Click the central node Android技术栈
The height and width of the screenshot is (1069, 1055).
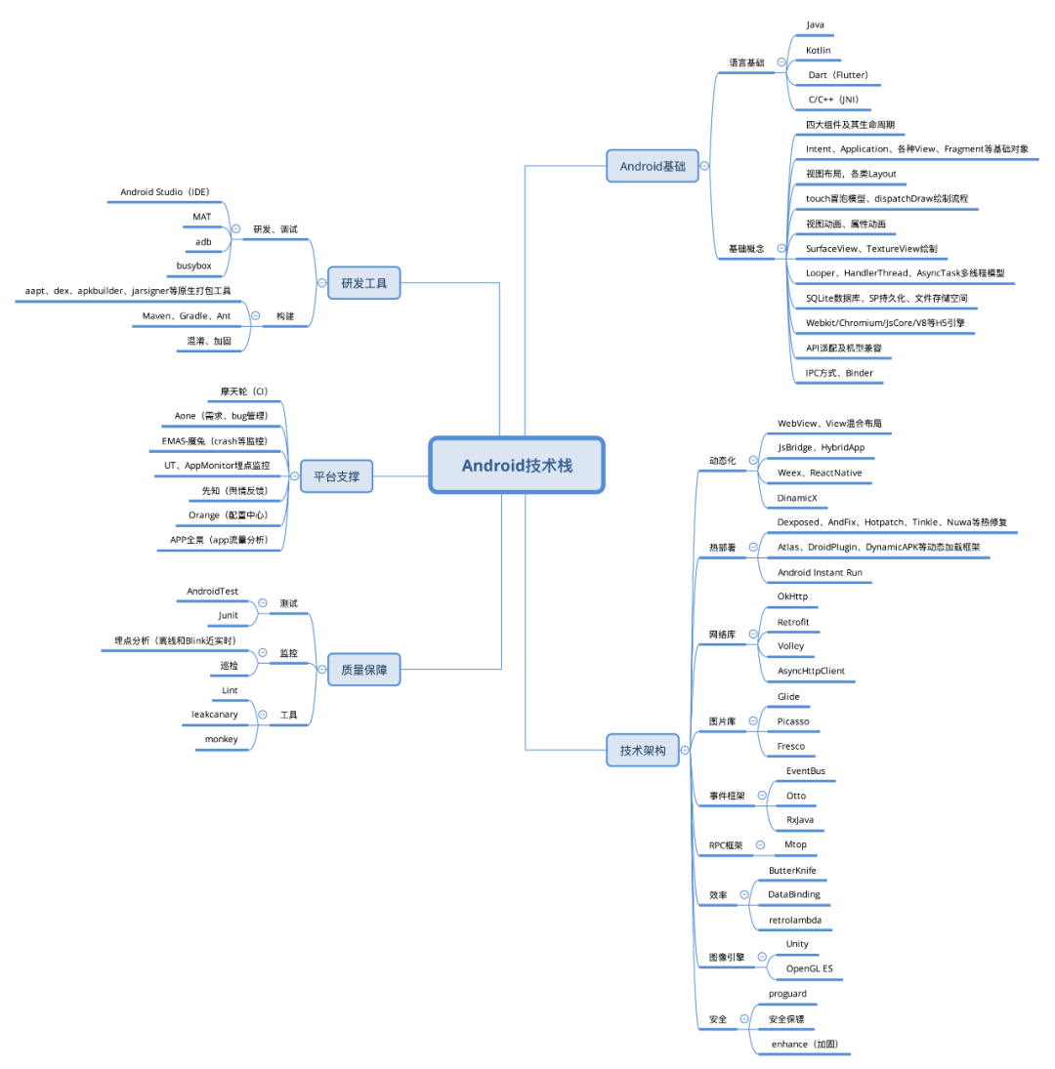[517, 465]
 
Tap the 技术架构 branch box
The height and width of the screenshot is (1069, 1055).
[642, 750]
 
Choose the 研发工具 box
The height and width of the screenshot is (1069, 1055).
[363, 283]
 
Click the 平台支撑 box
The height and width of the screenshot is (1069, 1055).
[336, 476]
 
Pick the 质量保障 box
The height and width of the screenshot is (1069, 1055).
[363, 670]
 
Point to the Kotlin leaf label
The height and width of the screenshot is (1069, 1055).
[819, 49]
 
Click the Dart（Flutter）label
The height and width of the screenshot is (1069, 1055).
[838, 74]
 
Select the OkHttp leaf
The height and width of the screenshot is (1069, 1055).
[792, 596]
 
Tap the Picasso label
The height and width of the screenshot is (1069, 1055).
[793, 721]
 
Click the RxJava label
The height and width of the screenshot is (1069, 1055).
[800, 820]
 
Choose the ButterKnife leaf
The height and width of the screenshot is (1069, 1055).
[792, 870]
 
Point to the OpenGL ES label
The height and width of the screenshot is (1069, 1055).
[810, 969]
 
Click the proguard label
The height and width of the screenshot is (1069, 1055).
[787, 994]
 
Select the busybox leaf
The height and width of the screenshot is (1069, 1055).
[193, 265]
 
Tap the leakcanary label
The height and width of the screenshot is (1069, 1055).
[215, 714]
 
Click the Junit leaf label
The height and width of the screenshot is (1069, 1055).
[228, 615]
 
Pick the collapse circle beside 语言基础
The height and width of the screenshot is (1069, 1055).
[781, 62]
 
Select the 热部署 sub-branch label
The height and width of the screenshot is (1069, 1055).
[722, 548]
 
